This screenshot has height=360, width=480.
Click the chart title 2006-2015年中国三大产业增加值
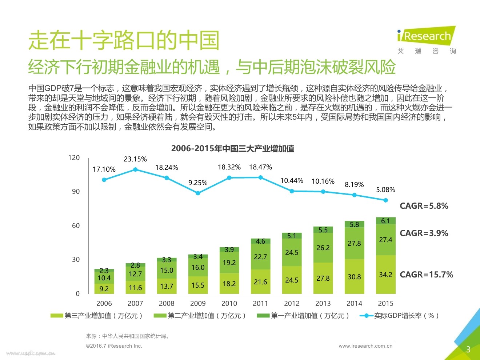(x=232, y=148)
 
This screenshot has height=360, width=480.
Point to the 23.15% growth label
(x=135, y=159)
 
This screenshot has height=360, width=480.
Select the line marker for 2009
(x=198, y=193)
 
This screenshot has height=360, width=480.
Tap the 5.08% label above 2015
(x=385, y=190)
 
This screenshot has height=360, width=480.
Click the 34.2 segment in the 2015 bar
(x=385, y=275)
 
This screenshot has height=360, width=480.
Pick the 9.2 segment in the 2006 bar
(x=104, y=289)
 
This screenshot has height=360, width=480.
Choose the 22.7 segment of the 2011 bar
(x=260, y=257)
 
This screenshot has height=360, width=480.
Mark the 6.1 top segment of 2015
(x=385, y=221)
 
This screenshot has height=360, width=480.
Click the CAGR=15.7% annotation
(x=426, y=275)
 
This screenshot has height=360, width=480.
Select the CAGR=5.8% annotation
(x=424, y=206)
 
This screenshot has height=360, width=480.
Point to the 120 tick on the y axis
(x=74, y=157)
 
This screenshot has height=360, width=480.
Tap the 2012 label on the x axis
(x=292, y=303)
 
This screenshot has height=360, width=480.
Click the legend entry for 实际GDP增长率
(x=400, y=316)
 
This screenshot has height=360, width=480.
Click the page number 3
(x=468, y=349)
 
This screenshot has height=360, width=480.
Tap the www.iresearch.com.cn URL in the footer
(x=365, y=346)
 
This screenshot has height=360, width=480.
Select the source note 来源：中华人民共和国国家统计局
(x=128, y=336)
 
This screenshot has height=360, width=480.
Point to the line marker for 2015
(x=385, y=200)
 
